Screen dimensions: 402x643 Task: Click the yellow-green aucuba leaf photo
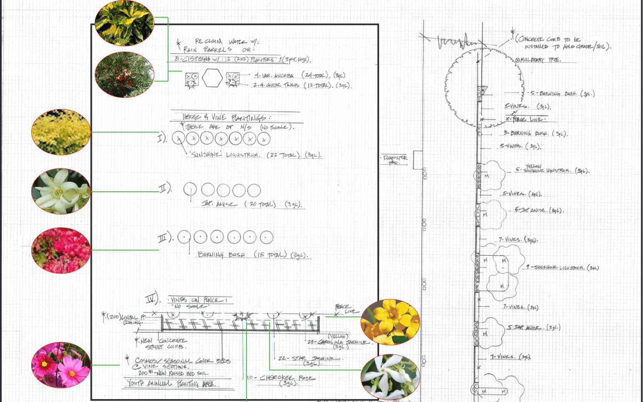pos(124,23)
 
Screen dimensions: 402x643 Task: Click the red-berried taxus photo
pos(124,75)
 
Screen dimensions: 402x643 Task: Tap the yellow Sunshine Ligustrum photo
pos(61,132)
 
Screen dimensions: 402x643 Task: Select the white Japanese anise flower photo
pos(61,191)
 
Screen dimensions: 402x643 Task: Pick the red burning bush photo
pos(61,250)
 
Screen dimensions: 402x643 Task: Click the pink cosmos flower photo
pos(61,365)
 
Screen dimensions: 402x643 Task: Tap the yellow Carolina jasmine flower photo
pos(390,322)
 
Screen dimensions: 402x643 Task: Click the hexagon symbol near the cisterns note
pos(212,78)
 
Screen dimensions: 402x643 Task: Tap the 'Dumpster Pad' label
pos(395,160)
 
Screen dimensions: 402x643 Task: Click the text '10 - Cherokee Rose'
pos(281,378)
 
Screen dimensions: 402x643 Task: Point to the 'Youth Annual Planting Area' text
pos(171,383)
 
